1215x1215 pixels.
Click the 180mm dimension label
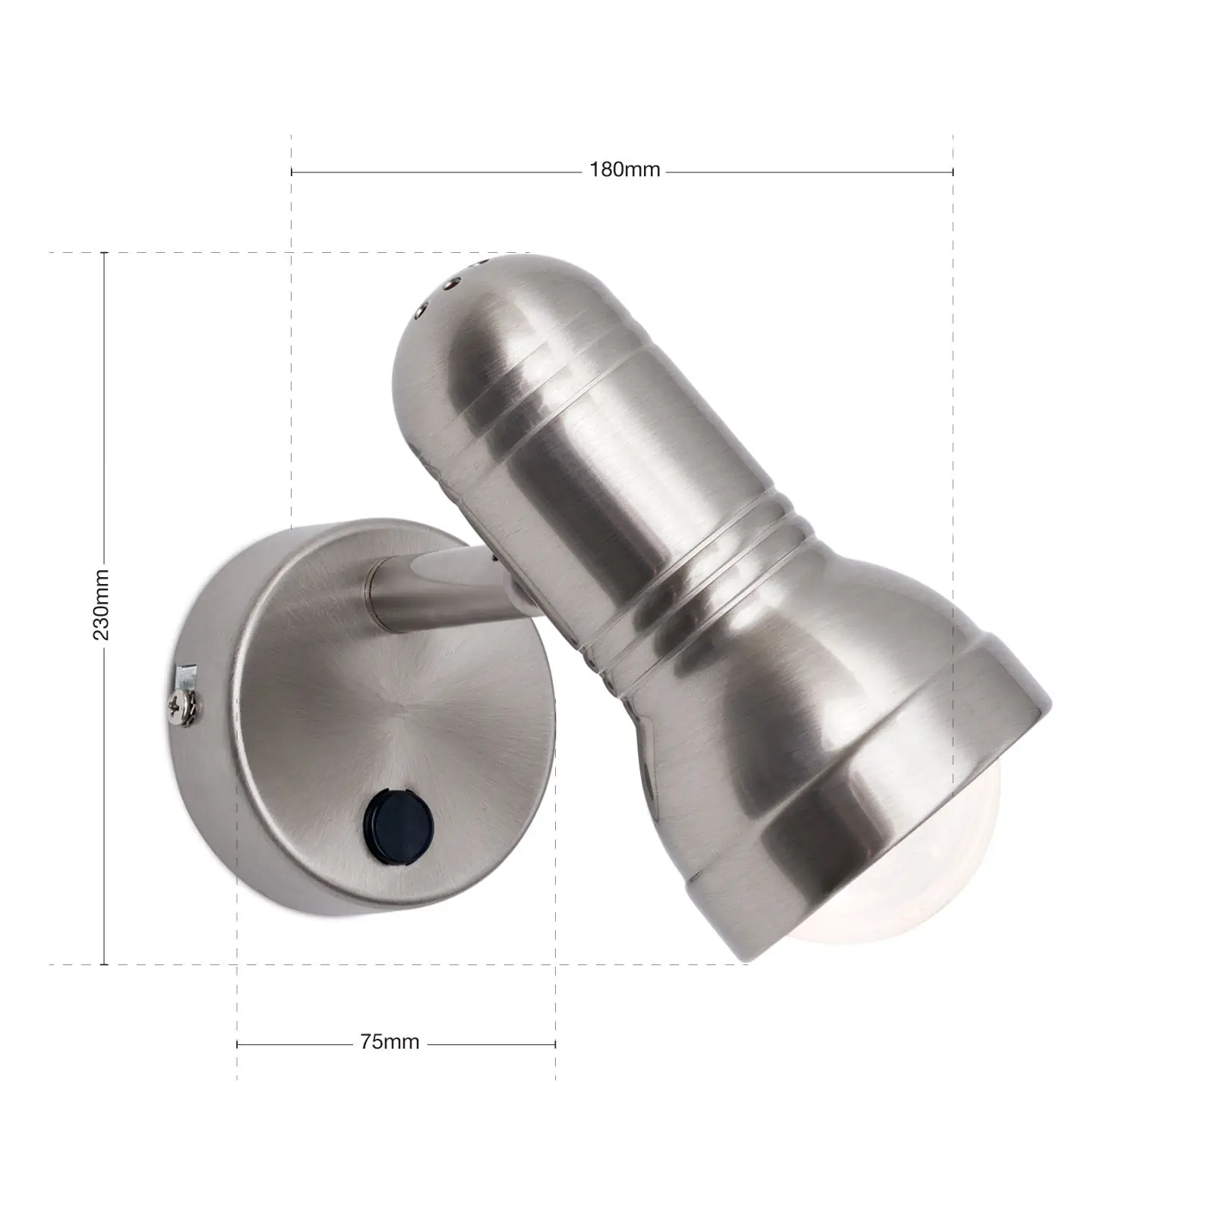[624, 171]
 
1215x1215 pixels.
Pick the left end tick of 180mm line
[292, 172]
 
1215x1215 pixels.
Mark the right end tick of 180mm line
[953, 172]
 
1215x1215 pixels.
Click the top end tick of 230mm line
[104, 252]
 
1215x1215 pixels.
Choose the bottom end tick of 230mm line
[104, 964]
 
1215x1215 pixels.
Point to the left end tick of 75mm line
[238, 1044]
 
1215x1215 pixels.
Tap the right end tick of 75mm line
[555, 1044]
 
